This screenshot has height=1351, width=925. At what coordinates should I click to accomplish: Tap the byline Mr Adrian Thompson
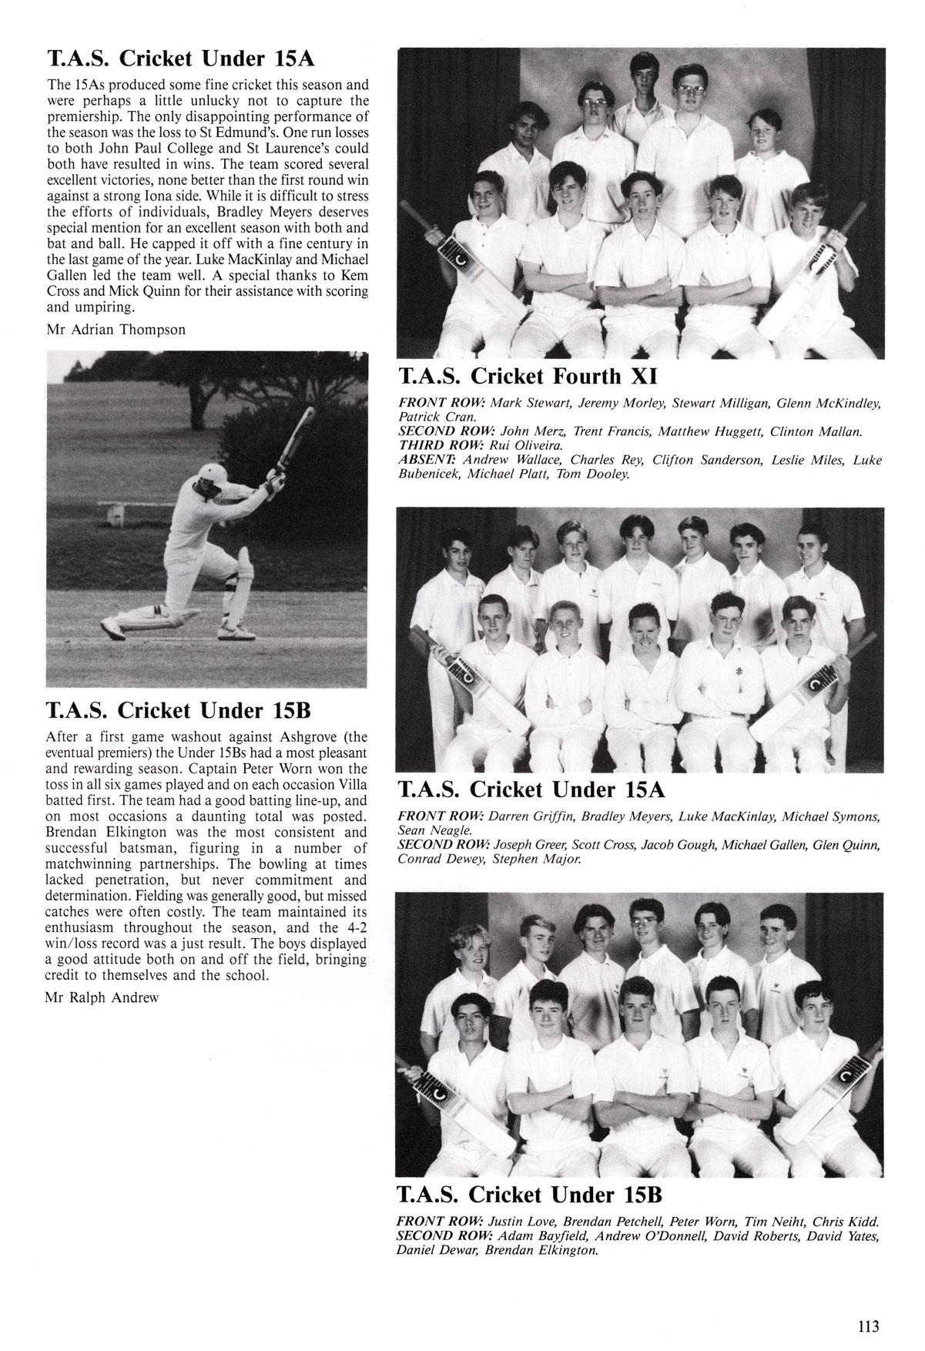116,330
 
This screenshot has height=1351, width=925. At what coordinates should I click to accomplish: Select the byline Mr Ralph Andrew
102,997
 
